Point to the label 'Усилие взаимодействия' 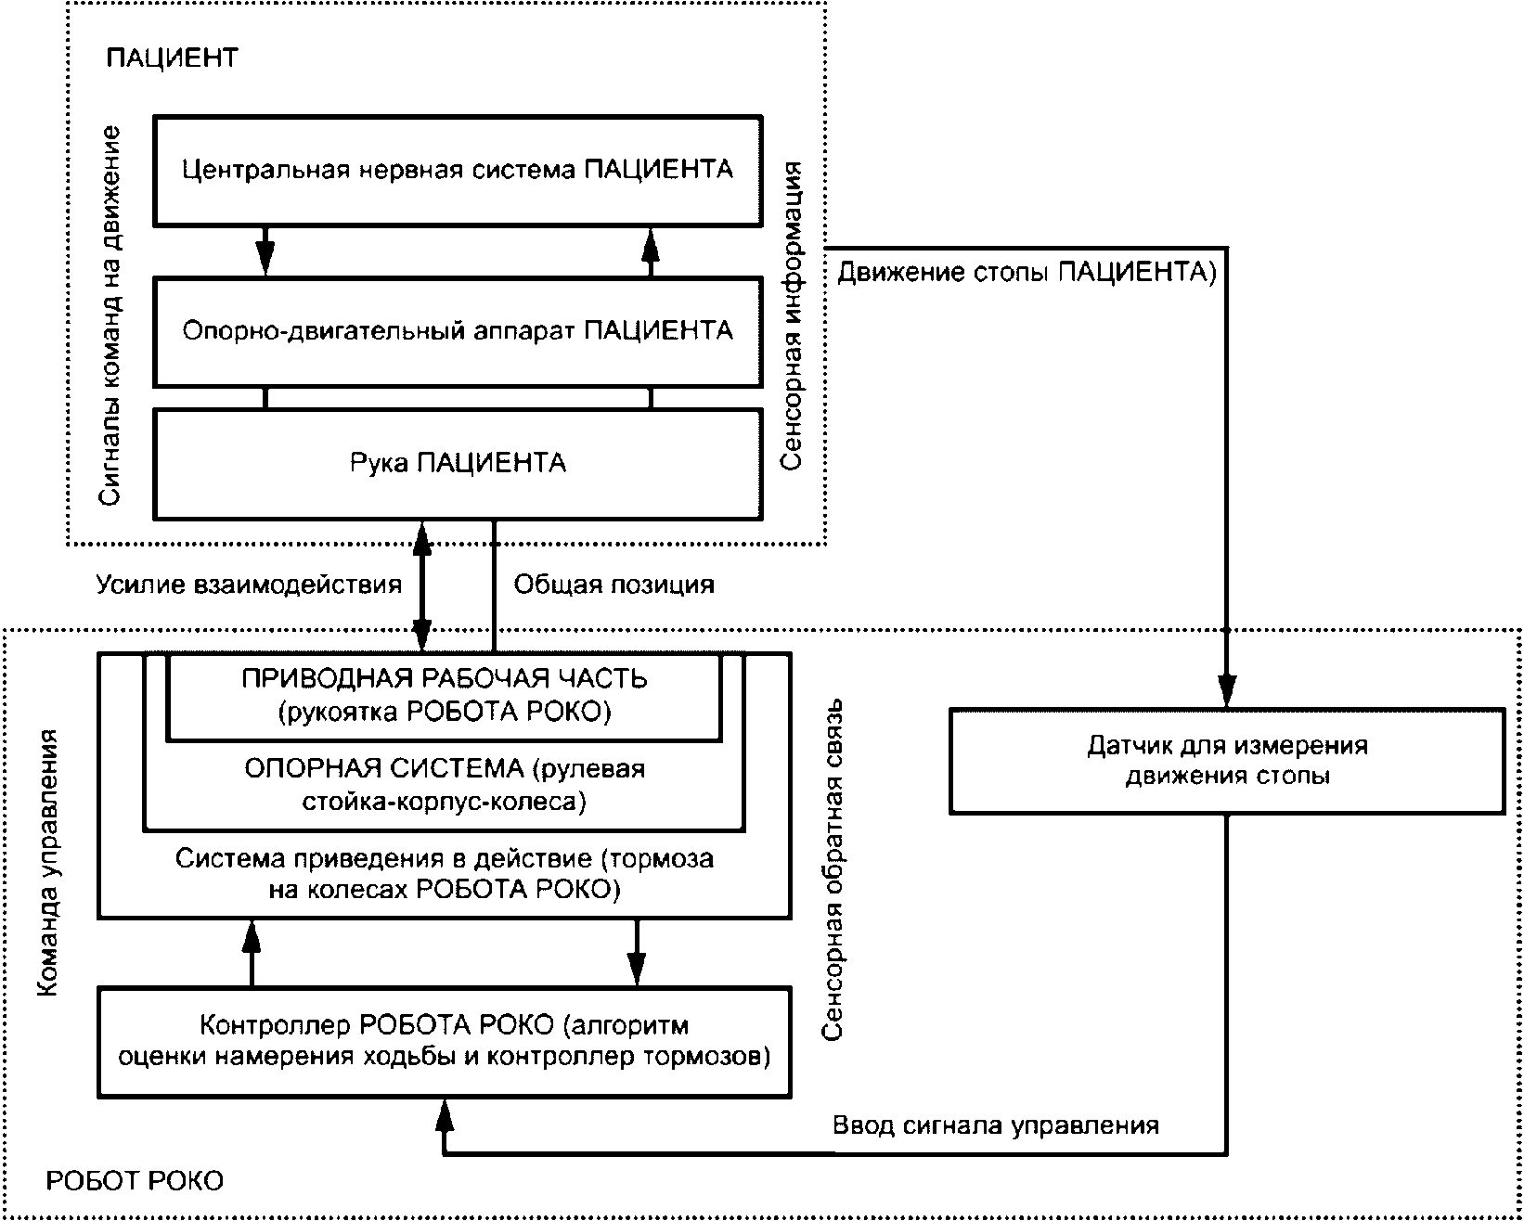click(249, 585)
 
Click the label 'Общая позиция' click(614, 585)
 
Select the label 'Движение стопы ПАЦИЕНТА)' click(1027, 272)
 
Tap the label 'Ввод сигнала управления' click(996, 1125)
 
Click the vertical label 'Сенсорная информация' click(792, 315)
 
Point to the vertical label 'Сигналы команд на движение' click(110, 315)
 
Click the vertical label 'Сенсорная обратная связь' click(833, 870)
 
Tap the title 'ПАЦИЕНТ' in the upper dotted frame click(172, 58)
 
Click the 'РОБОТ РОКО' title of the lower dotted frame click(135, 1181)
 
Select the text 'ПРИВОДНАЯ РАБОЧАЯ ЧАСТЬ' click(444, 679)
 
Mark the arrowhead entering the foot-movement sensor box click(1227, 691)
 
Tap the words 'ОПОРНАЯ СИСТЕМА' click(384, 769)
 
